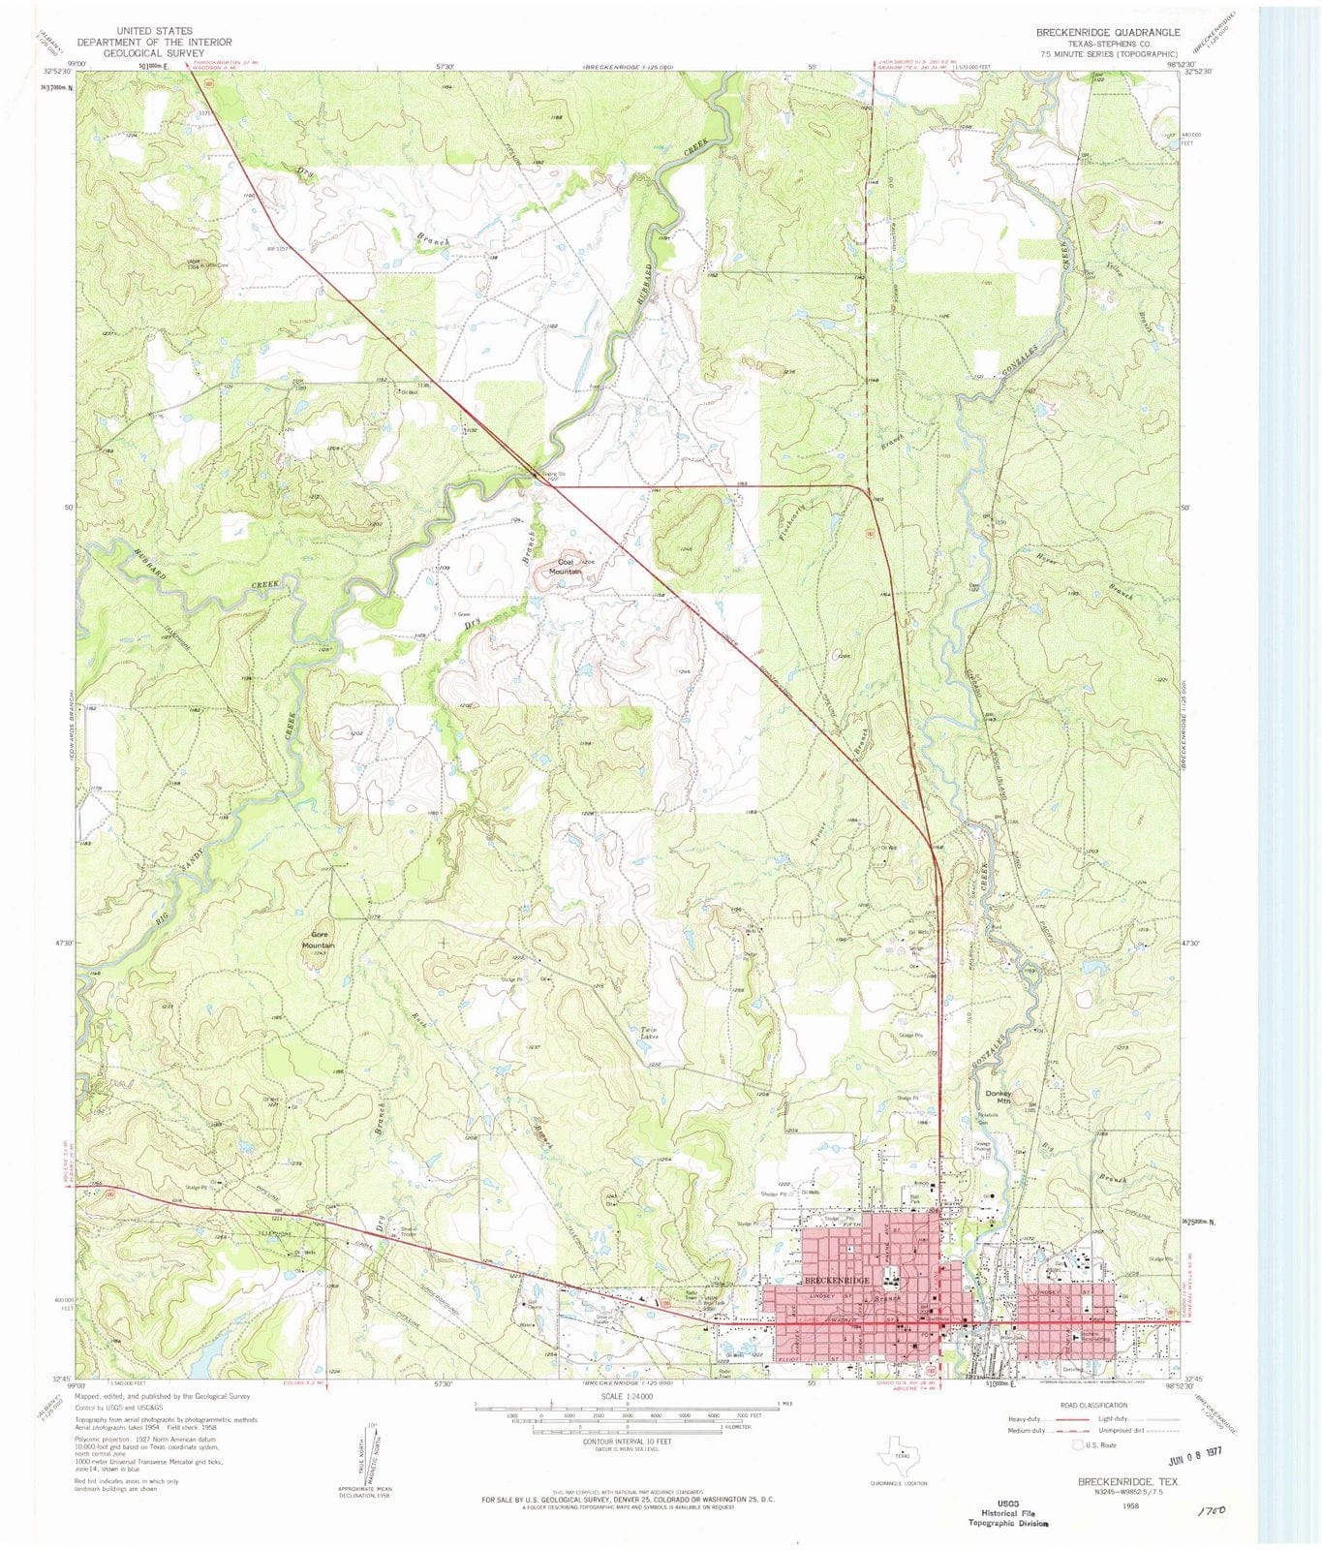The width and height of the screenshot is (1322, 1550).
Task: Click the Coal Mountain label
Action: coord(566,567)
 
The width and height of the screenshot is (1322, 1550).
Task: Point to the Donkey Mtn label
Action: coord(999,1098)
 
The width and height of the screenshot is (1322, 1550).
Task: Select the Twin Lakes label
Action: coord(650,1033)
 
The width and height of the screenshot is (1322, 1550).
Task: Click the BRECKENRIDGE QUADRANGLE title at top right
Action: coord(1108,32)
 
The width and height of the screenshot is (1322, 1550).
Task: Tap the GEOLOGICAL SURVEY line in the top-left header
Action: coord(154,53)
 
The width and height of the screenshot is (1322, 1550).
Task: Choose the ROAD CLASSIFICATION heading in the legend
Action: coord(1093,1405)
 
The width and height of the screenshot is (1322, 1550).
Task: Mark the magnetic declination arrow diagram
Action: coord(369,1452)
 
